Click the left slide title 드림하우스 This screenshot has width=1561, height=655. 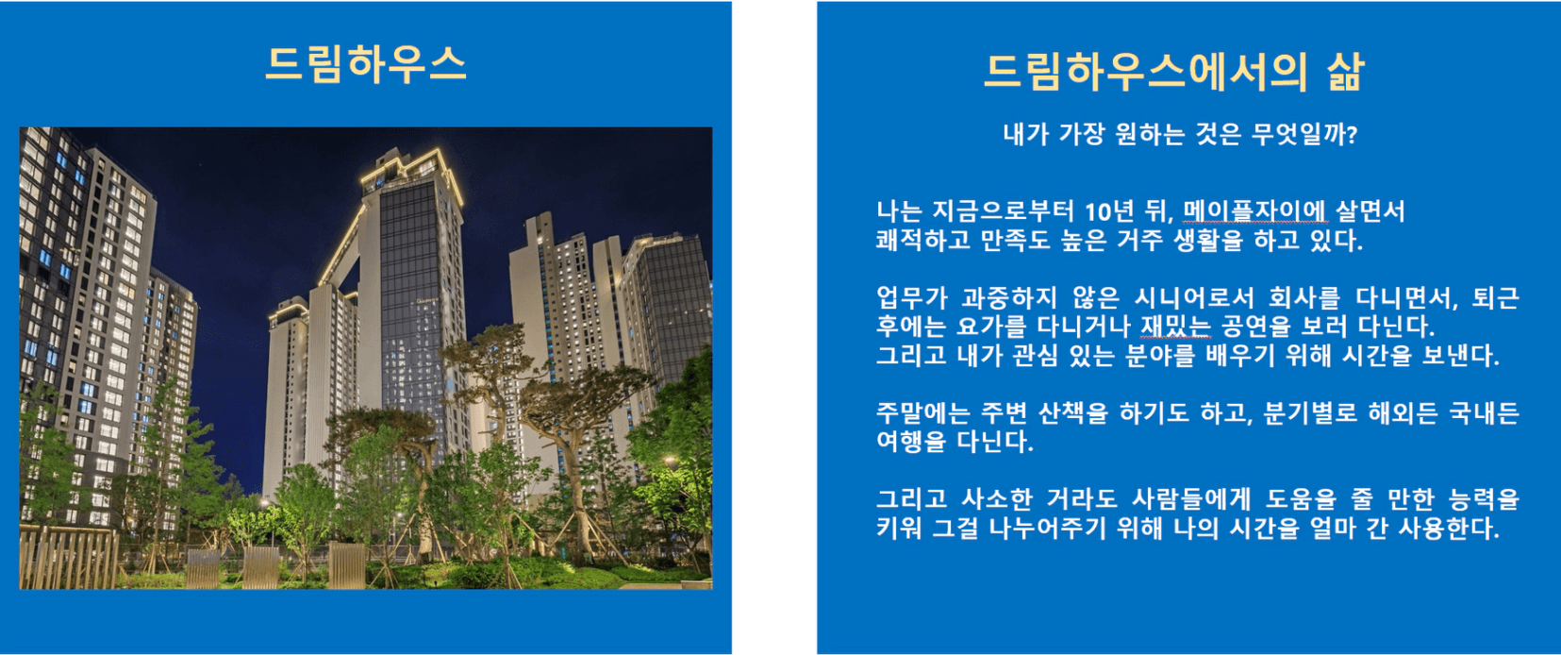[366, 64]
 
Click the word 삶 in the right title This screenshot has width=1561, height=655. [1345, 72]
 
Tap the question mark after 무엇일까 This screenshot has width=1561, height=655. [1353, 134]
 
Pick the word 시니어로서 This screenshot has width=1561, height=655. [1194, 298]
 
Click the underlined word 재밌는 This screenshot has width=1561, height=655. [1175, 326]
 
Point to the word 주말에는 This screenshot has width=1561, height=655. [922, 413]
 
